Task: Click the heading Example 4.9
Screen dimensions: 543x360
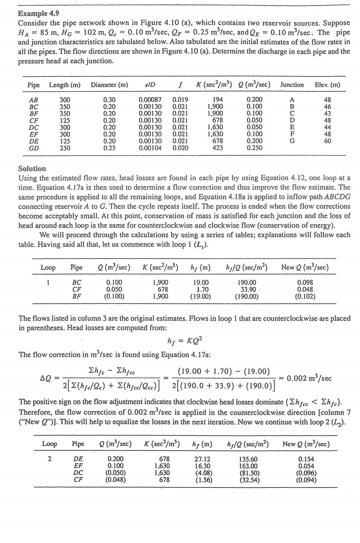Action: [38, 13]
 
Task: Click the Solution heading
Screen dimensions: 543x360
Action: [32, 169]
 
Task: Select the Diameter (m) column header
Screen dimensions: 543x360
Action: [109, 85]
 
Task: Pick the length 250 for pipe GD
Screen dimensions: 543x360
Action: [65, 148]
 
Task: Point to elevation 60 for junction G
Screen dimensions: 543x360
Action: [327, 141]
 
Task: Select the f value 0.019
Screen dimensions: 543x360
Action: [180, 100]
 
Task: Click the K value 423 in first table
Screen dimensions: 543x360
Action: [218, 148]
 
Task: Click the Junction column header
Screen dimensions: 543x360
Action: [292, 85]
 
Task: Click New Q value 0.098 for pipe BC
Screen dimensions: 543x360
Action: [305, 282]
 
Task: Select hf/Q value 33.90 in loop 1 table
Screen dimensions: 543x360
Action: [247, 289]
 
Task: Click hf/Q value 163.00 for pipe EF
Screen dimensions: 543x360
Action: [248, 466]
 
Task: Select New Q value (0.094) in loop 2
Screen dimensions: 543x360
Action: [306, 480]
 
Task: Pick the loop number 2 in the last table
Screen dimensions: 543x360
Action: [50, 459]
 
